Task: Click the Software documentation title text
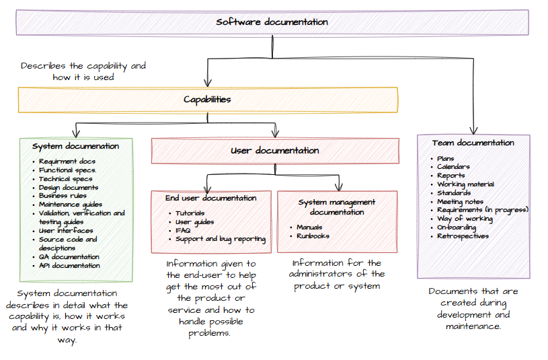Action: [x=272, y=22]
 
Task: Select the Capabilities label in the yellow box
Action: [x=207, y=100]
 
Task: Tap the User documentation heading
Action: [x=274, y=151]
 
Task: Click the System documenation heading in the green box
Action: [x=75, y=146]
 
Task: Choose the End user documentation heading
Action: [x=210, y=199]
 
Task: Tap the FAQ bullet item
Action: [x=183, y=230]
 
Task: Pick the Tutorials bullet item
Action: [x=191, y=213]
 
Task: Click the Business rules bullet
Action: [x=62, y=196]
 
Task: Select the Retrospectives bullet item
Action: [x=463, y=236]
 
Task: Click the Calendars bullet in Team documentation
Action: [x=453, y=167]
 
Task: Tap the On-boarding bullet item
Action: [x=457, y=227]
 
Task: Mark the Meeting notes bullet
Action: [x=460, y=201]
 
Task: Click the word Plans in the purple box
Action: [x=445, y=159]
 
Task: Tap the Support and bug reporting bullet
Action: [x=221, y=239]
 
